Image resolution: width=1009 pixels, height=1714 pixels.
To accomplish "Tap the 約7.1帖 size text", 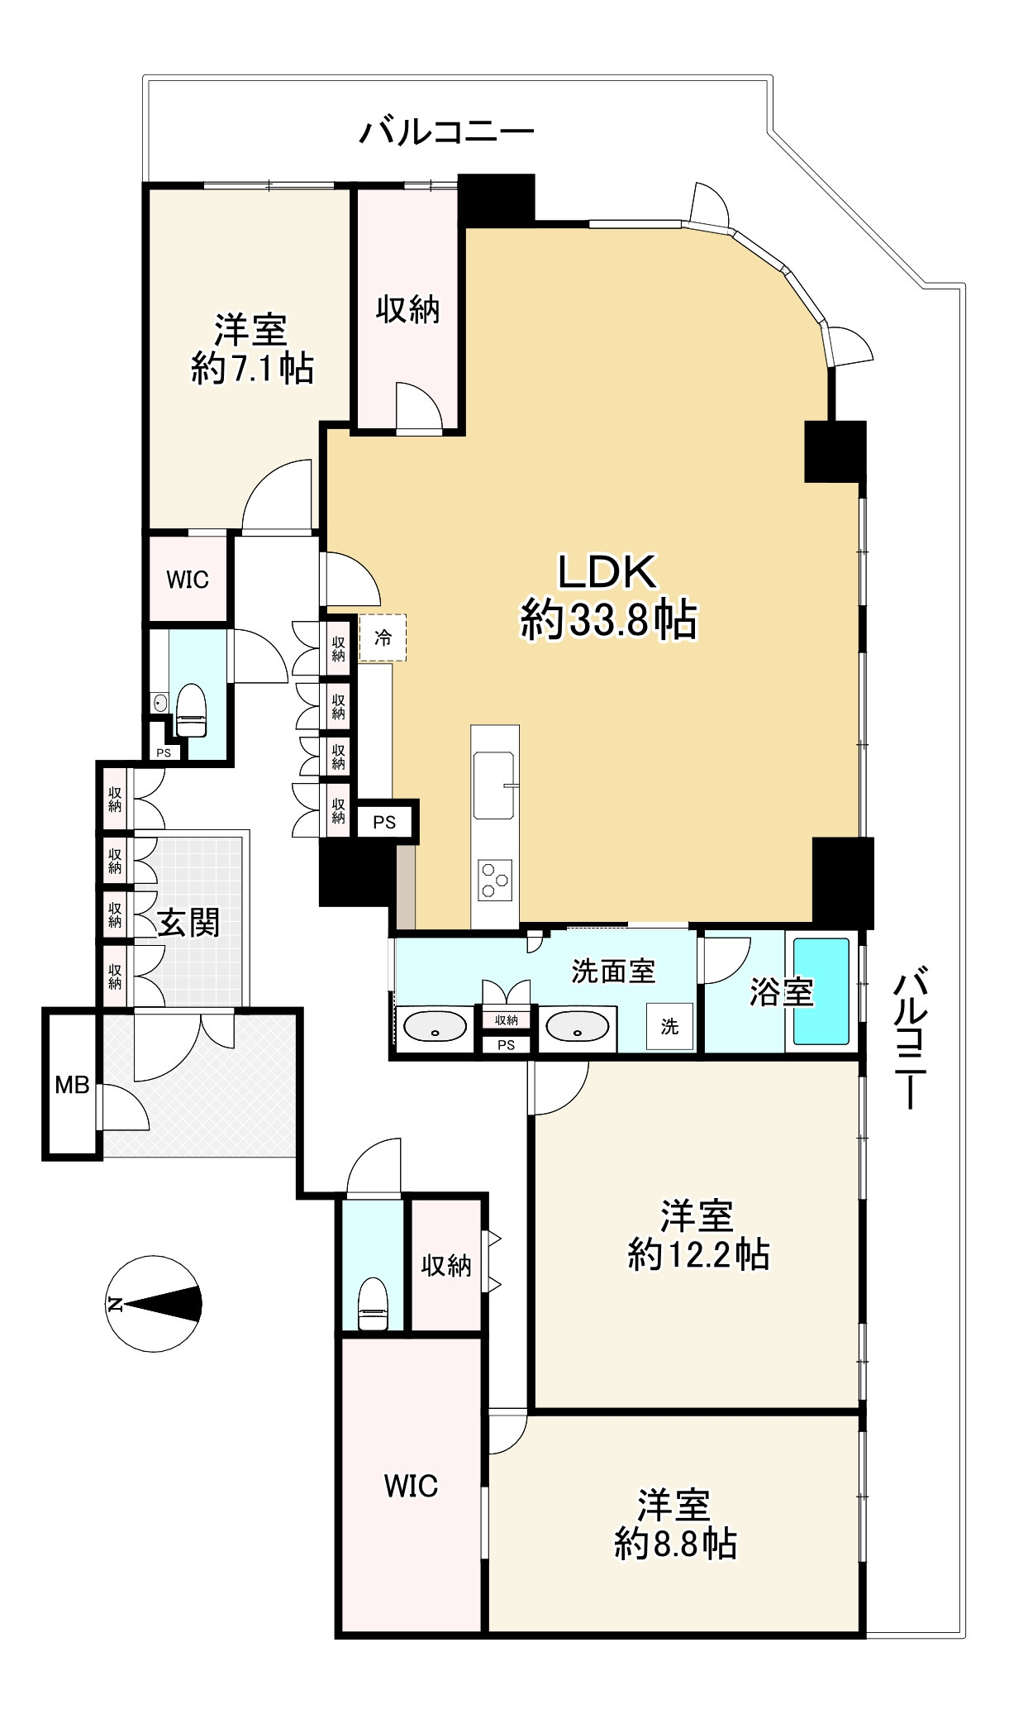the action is point(253,368).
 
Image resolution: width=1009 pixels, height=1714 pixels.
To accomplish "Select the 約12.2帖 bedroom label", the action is point(699,1254).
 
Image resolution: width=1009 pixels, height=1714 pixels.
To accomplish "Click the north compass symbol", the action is point(155,1304).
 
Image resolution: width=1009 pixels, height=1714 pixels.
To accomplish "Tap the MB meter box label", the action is point(72,1084).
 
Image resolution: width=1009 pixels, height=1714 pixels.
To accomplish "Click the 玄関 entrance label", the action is point(189,922).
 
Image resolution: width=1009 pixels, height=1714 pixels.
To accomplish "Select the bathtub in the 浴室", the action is point(821,991).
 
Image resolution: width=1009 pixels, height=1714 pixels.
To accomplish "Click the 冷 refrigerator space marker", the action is point(383,637).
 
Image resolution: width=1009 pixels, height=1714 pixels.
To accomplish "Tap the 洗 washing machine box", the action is point(669,1026).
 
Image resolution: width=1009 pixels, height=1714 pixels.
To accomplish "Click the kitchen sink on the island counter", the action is point(493,785).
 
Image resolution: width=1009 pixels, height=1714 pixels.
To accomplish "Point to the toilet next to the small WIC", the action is point(191,710).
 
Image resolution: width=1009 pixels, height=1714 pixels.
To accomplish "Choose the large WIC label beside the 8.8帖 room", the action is point(411,1486).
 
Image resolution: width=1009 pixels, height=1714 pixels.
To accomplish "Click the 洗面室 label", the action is point(613,971).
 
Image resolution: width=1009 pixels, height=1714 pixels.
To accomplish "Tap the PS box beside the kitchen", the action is point(384,822).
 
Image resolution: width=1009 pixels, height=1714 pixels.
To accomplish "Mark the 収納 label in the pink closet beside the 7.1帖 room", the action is point(407,309).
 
